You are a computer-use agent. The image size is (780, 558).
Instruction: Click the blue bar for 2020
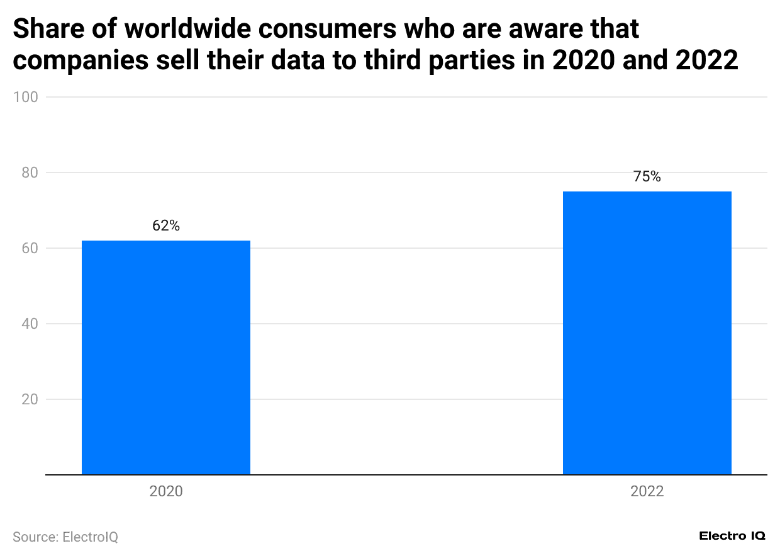coord(166,357)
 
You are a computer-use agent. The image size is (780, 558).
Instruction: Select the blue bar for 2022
coord(647,333)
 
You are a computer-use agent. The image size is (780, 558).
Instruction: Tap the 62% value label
coord(166,226)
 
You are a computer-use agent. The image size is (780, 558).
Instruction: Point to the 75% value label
coord(647,177)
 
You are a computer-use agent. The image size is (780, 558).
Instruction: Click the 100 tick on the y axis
coord(30,97)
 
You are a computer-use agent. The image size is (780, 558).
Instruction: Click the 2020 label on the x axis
coord(166,491)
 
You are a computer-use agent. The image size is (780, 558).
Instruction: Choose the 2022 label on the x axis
coord(647,491)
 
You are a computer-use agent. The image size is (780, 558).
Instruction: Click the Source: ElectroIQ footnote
coord(65,537)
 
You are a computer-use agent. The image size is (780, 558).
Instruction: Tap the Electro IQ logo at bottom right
coord(732,535)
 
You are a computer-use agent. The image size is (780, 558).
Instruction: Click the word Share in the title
coord(47,29)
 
